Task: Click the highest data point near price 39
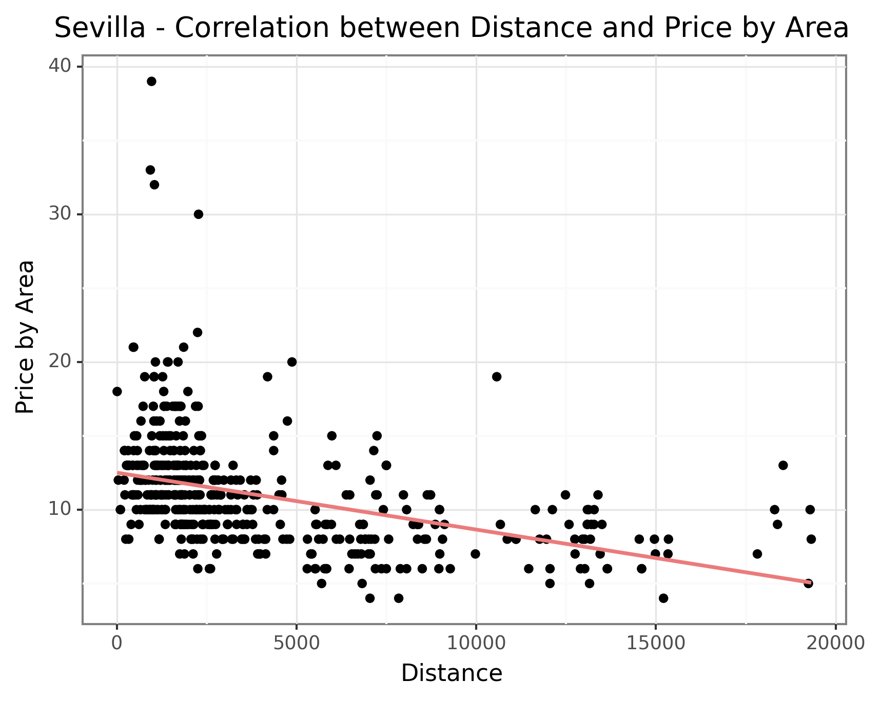[151, 82]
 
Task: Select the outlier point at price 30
[199, 214]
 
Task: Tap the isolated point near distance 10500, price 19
[496, 377]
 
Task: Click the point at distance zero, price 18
[117, 392]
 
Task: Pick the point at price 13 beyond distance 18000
[783, 466]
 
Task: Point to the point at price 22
[198, 332]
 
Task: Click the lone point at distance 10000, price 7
[475, 554]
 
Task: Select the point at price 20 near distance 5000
[292, 362]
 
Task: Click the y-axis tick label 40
[60, 67]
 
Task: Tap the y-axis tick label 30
[60, 214]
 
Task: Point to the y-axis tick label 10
[60, 510]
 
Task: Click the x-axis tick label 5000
[297, 644]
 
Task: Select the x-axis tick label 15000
[656, 644]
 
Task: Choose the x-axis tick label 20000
[835, 644]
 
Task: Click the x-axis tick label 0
[117, 644]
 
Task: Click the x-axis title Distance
[452, 673]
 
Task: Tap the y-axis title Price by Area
[25, 337]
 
